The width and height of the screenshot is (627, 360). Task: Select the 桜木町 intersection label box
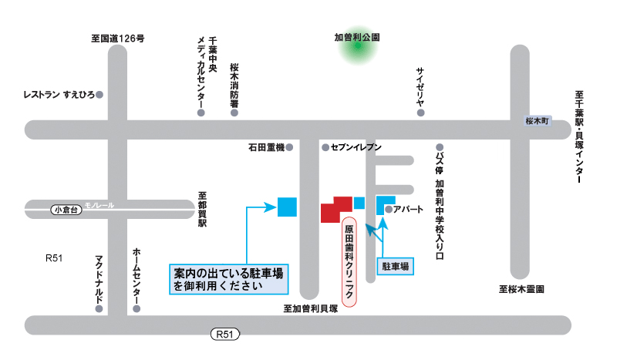(x=535, y=121)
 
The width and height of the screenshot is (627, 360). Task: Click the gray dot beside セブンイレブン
(x=325, y=146)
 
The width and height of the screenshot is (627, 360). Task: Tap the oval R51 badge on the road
(x=224, y=335)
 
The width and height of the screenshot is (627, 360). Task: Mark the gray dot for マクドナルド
(x=99, y=308)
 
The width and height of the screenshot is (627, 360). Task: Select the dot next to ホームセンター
(x=137, y=308)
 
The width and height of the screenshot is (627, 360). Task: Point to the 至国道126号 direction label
(x=117, y=37)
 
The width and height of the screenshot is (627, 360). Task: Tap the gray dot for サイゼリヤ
(x=421, y=113)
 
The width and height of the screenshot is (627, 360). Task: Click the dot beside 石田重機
(x=290, y=146)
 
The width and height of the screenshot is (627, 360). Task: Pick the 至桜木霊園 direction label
(x=522, y=290)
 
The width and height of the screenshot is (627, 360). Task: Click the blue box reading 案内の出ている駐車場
(x=228, y=279)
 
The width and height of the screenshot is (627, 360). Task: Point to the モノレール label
(x=99, y=206)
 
